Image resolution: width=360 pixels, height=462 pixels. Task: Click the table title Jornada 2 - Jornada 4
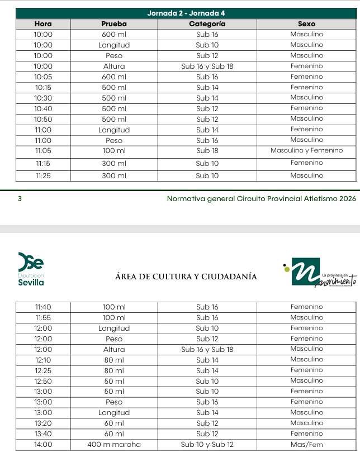tap(186, 13)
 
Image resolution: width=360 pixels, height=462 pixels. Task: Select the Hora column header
tap(43, 24)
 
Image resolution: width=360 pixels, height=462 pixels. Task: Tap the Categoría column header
tap(207, 24)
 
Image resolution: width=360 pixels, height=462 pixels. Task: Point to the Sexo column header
tap(306, 24)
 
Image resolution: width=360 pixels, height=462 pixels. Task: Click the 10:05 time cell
tap(43, 77)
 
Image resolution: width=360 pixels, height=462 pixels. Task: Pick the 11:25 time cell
tap(43, 176)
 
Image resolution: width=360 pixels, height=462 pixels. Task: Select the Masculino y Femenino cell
tap(306, 150)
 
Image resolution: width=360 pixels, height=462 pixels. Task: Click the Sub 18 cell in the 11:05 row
tap(207, 151)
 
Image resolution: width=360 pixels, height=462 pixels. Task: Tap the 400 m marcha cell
tap(114, 445)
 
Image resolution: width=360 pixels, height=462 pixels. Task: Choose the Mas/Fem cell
tap(306, 445)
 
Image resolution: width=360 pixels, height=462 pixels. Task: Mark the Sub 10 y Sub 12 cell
tap(207, 445)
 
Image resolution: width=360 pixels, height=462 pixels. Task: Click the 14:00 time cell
tap(43, 445)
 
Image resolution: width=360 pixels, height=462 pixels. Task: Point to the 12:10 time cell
tap(43, 360)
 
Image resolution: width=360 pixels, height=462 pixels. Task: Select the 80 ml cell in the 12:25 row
tap(114, 371)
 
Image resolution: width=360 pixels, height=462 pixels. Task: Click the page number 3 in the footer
tap(20, 198)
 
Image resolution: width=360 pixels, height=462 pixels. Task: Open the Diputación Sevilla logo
tap(31, 269)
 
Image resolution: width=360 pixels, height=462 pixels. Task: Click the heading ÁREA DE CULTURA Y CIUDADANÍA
tap(186, 277)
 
